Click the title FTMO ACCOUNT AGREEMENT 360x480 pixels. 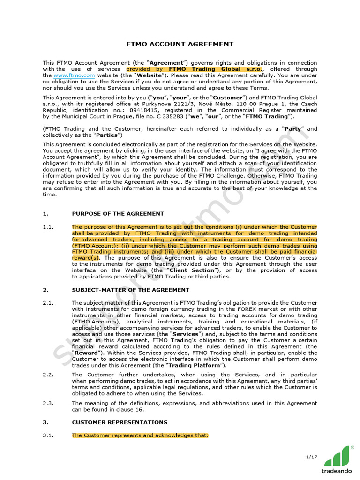tap(180, 44)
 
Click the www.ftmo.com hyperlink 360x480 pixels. tap(75, 75)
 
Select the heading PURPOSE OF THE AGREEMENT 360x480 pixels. tap(118, 213)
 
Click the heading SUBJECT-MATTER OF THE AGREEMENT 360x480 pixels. tap(131, 290)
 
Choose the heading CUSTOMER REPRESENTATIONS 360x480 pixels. tap(120, 422)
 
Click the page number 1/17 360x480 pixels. tap(311, 457)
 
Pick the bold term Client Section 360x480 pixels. tap(192, 270)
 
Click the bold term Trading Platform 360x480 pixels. tap(200, 365)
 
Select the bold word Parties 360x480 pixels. tap(107, 135)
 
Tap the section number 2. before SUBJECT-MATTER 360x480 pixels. tap(45, 290)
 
